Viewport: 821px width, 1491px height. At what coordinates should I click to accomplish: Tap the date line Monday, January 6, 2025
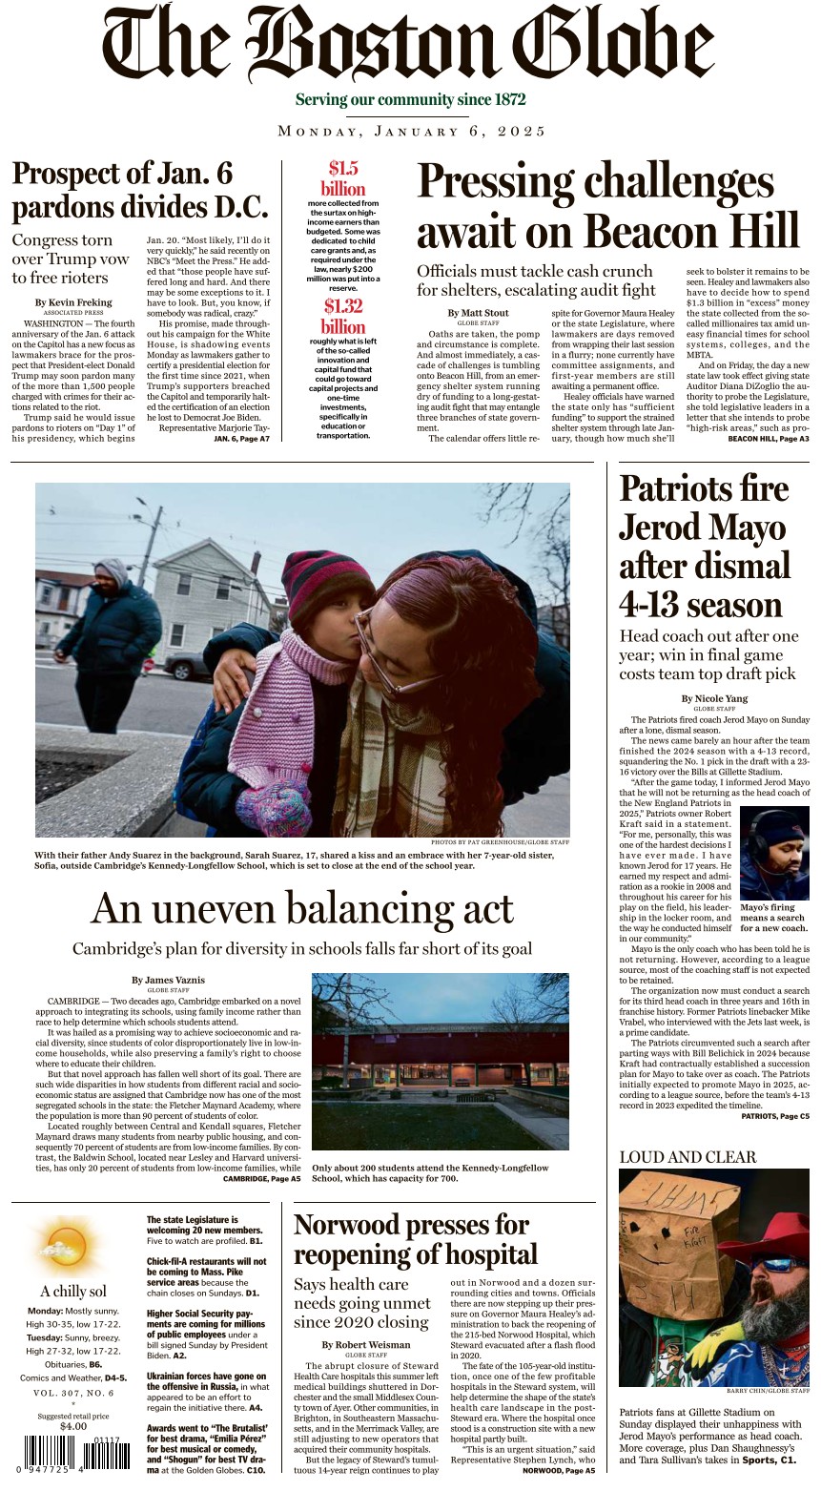pos(411,131)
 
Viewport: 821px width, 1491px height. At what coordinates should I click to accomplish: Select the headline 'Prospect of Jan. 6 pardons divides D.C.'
pos(139,190)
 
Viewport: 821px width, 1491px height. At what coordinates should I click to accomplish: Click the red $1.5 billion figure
pos(342,178)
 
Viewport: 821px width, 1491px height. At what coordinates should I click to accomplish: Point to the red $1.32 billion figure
pos(342,316)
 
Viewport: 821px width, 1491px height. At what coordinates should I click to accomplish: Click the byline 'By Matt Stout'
pos(478,313)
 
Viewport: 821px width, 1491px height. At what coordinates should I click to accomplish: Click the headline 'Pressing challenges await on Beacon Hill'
pos(607,205)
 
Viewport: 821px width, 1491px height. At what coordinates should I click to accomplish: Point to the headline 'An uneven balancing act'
pos(301,908)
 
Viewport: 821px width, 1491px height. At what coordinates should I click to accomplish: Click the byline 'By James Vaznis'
pos(168,980)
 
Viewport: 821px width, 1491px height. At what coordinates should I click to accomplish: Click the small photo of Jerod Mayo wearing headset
pos(774,853)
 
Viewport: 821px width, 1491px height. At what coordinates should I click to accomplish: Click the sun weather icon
pos(69,1246)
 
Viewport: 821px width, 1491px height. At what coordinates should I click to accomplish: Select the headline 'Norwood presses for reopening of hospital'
pos(416,1238)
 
